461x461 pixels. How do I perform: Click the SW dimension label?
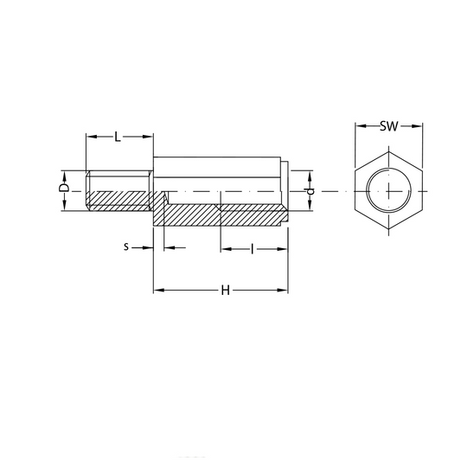pos(388,126)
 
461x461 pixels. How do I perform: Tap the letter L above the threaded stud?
pos(118,137)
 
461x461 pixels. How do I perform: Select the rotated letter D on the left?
pos(64,188)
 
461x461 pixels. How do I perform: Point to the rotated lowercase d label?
pos(311,191)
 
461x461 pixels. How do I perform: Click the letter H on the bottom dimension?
pos(225,291)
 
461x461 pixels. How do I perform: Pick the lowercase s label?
pos(126,247)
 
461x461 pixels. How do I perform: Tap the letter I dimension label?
pos(252,249)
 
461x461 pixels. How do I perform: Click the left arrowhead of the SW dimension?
pos(361,126)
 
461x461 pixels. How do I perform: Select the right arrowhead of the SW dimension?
pos(417,126)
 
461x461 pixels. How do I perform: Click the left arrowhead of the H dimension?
pos(159,291)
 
